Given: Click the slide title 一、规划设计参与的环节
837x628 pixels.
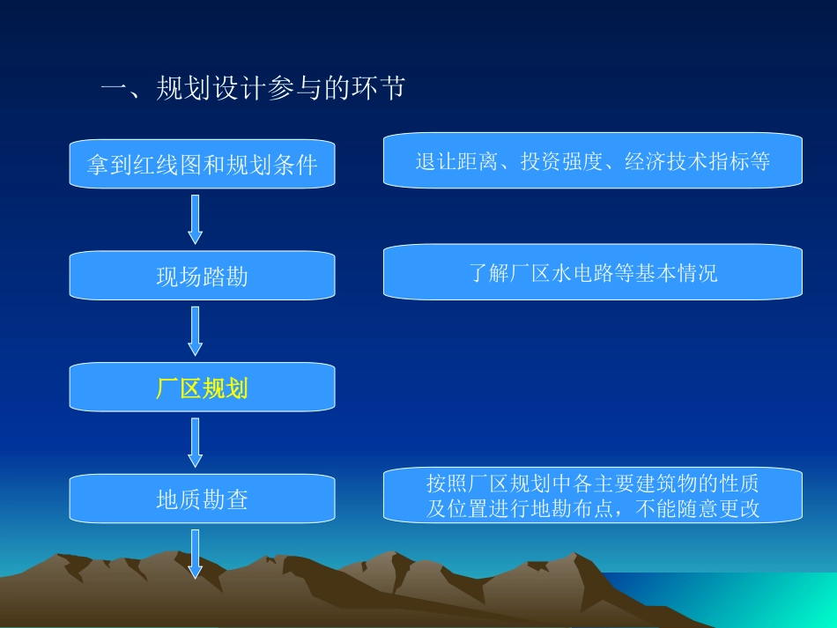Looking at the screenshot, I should click(253, 88).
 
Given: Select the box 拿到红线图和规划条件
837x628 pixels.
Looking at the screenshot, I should click(202, 165).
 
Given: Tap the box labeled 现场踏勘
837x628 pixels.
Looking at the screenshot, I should click(202, 277).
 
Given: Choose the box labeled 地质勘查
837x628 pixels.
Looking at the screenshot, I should click(202, 499).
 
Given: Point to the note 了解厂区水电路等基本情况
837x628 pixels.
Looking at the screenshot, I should click(592, 273).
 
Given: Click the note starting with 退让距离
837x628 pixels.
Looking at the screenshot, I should click(592, 161).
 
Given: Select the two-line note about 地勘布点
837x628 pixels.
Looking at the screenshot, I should click(592, 495).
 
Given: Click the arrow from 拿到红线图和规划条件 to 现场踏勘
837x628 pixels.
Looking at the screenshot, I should click(196, 218).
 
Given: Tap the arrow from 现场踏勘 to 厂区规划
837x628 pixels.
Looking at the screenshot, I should click(196, 330).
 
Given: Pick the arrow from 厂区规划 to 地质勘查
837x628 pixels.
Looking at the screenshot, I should click(196, 442).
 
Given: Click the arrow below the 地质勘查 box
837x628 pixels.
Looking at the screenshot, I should click(196, 553).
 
